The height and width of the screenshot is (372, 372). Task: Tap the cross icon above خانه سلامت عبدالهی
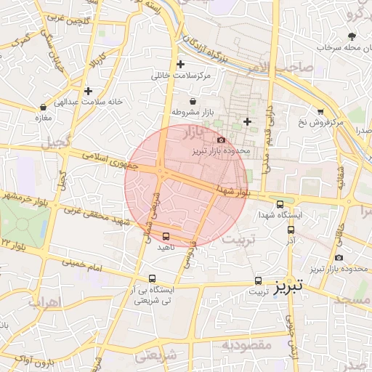pos(88,91)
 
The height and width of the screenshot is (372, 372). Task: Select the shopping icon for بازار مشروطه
pos(193,101)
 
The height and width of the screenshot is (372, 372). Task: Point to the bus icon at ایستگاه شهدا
pos(280,204)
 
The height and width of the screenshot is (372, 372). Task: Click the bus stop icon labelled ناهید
pos(166,236)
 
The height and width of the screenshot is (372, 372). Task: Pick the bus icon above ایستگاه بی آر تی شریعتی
pos(152,278)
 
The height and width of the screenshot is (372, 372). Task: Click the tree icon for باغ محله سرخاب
pos(352,36)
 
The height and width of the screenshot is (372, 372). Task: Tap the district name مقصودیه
pos(246,344)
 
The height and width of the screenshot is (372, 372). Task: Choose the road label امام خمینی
pos(85,268)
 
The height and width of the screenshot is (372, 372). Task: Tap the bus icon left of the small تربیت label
pos(258,280)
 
